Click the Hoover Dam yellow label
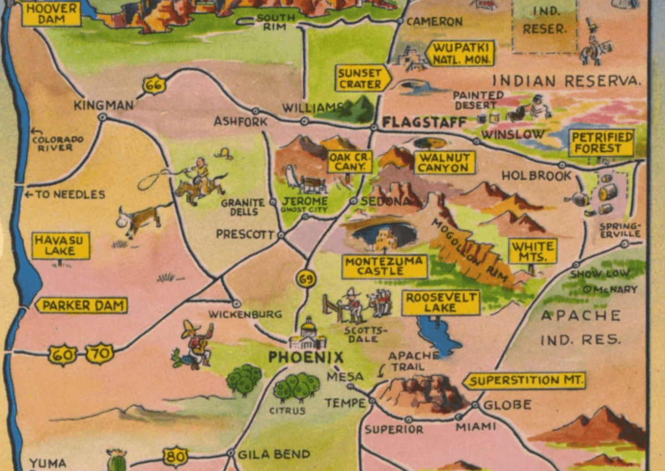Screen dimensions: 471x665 [52, 14]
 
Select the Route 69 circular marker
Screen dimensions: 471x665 [306, 279]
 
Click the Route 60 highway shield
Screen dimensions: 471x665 [62, 355]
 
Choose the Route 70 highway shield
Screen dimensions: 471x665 [100, 354]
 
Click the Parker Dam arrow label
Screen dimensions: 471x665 [81, 305]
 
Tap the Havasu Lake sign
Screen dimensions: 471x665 [60, 245]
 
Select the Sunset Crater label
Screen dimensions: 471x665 [362, 78]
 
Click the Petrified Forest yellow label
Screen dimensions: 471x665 [601, 143]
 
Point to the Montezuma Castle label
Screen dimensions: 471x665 [385, 267]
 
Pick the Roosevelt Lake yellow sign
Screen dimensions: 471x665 [441, 303]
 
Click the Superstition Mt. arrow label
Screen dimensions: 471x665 [524, 381]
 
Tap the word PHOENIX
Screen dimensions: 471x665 [306, 357]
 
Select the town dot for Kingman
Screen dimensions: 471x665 [103, 117]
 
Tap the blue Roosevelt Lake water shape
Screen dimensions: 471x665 [438, 335]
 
